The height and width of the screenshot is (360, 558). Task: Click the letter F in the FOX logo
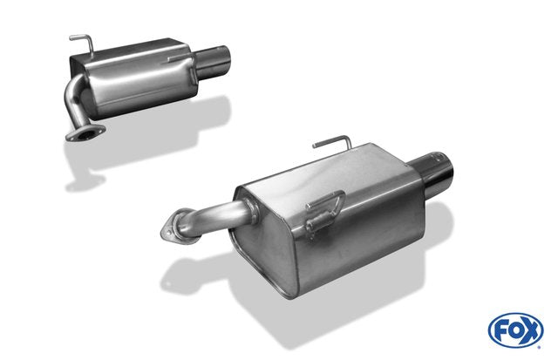500,331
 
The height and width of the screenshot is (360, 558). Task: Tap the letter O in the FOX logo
515,330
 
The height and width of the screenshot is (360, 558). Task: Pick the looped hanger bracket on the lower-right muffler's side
323,214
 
